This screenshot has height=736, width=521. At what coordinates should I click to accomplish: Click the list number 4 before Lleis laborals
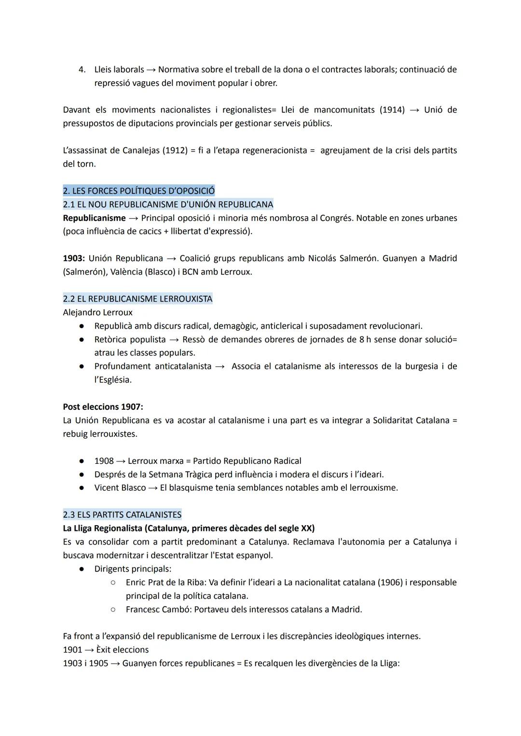pos(82,69)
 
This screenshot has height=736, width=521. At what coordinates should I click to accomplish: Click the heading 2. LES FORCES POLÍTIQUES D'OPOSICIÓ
pos(139,191)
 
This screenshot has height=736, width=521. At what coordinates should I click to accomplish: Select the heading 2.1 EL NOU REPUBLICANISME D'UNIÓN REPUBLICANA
pos(168,204)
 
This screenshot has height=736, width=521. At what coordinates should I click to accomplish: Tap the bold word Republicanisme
pos(94,218)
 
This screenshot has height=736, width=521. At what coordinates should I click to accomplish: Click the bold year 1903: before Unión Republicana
pos(74,258)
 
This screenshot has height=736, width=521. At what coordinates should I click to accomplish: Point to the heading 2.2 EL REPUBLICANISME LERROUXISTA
pos(137,299)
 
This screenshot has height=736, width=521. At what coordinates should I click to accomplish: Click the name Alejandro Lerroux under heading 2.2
pos(97,312)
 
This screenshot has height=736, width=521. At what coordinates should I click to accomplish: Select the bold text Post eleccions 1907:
pos(103,407)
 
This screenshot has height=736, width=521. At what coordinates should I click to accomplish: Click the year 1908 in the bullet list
pos(104,461)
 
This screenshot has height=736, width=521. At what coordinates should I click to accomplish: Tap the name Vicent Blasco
pos(120,488)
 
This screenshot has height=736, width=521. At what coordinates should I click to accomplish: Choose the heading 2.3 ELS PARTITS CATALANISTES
pos(122,514)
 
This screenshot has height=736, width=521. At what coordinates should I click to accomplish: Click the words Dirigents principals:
pos(133,569)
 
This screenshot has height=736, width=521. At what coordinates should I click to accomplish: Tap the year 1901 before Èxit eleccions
pos(72,650)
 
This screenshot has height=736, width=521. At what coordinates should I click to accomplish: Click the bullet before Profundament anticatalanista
pos(82,367)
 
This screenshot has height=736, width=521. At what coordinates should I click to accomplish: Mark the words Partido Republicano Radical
pos(247,461)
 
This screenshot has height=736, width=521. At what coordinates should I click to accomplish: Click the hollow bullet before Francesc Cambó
pos(112,610)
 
